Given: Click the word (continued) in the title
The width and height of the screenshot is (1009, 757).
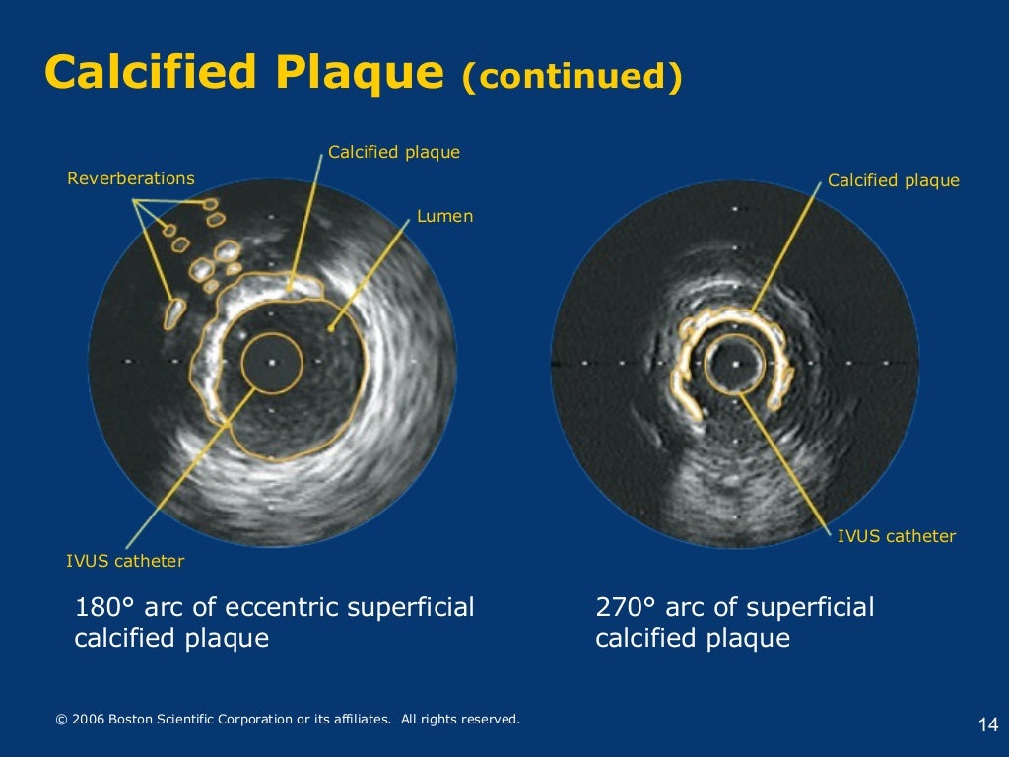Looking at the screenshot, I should click(x=572, y=78).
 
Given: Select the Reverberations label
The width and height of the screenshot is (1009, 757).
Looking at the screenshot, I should click(x=131, y=178).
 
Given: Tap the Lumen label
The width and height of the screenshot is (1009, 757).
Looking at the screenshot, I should click(x=444, y=216).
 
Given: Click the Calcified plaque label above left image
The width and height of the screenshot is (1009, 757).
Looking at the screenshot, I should click(x=394, y=152).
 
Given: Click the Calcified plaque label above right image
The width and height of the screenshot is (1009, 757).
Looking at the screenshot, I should click(x=893, y=180).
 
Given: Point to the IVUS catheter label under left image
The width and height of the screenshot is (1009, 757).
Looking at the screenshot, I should click(x=125, y=561).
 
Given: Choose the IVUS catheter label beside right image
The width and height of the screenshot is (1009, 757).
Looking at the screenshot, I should click(x=896, y=536).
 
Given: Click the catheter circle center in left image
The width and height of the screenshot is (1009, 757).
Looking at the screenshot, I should click(x=271, y=362).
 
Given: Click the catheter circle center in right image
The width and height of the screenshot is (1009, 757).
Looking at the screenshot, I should click(x=735, y=363).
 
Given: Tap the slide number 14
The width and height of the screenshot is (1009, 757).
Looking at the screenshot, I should click(x=988, y=725).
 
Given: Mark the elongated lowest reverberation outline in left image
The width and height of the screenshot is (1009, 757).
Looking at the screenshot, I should click(x=173, y=313).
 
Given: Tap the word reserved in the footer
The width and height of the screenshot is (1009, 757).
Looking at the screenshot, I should click(x=490, y=720).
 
